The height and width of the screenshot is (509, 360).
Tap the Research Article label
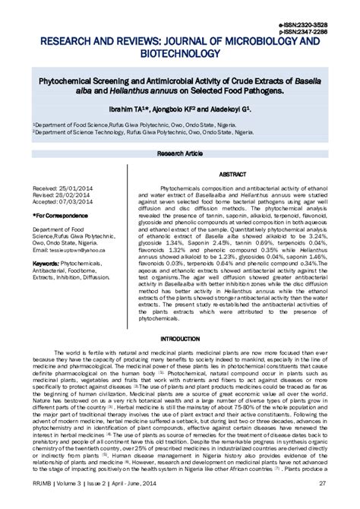(x=179, y=153)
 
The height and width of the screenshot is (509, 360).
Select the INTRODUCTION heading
(x=179, y=338)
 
